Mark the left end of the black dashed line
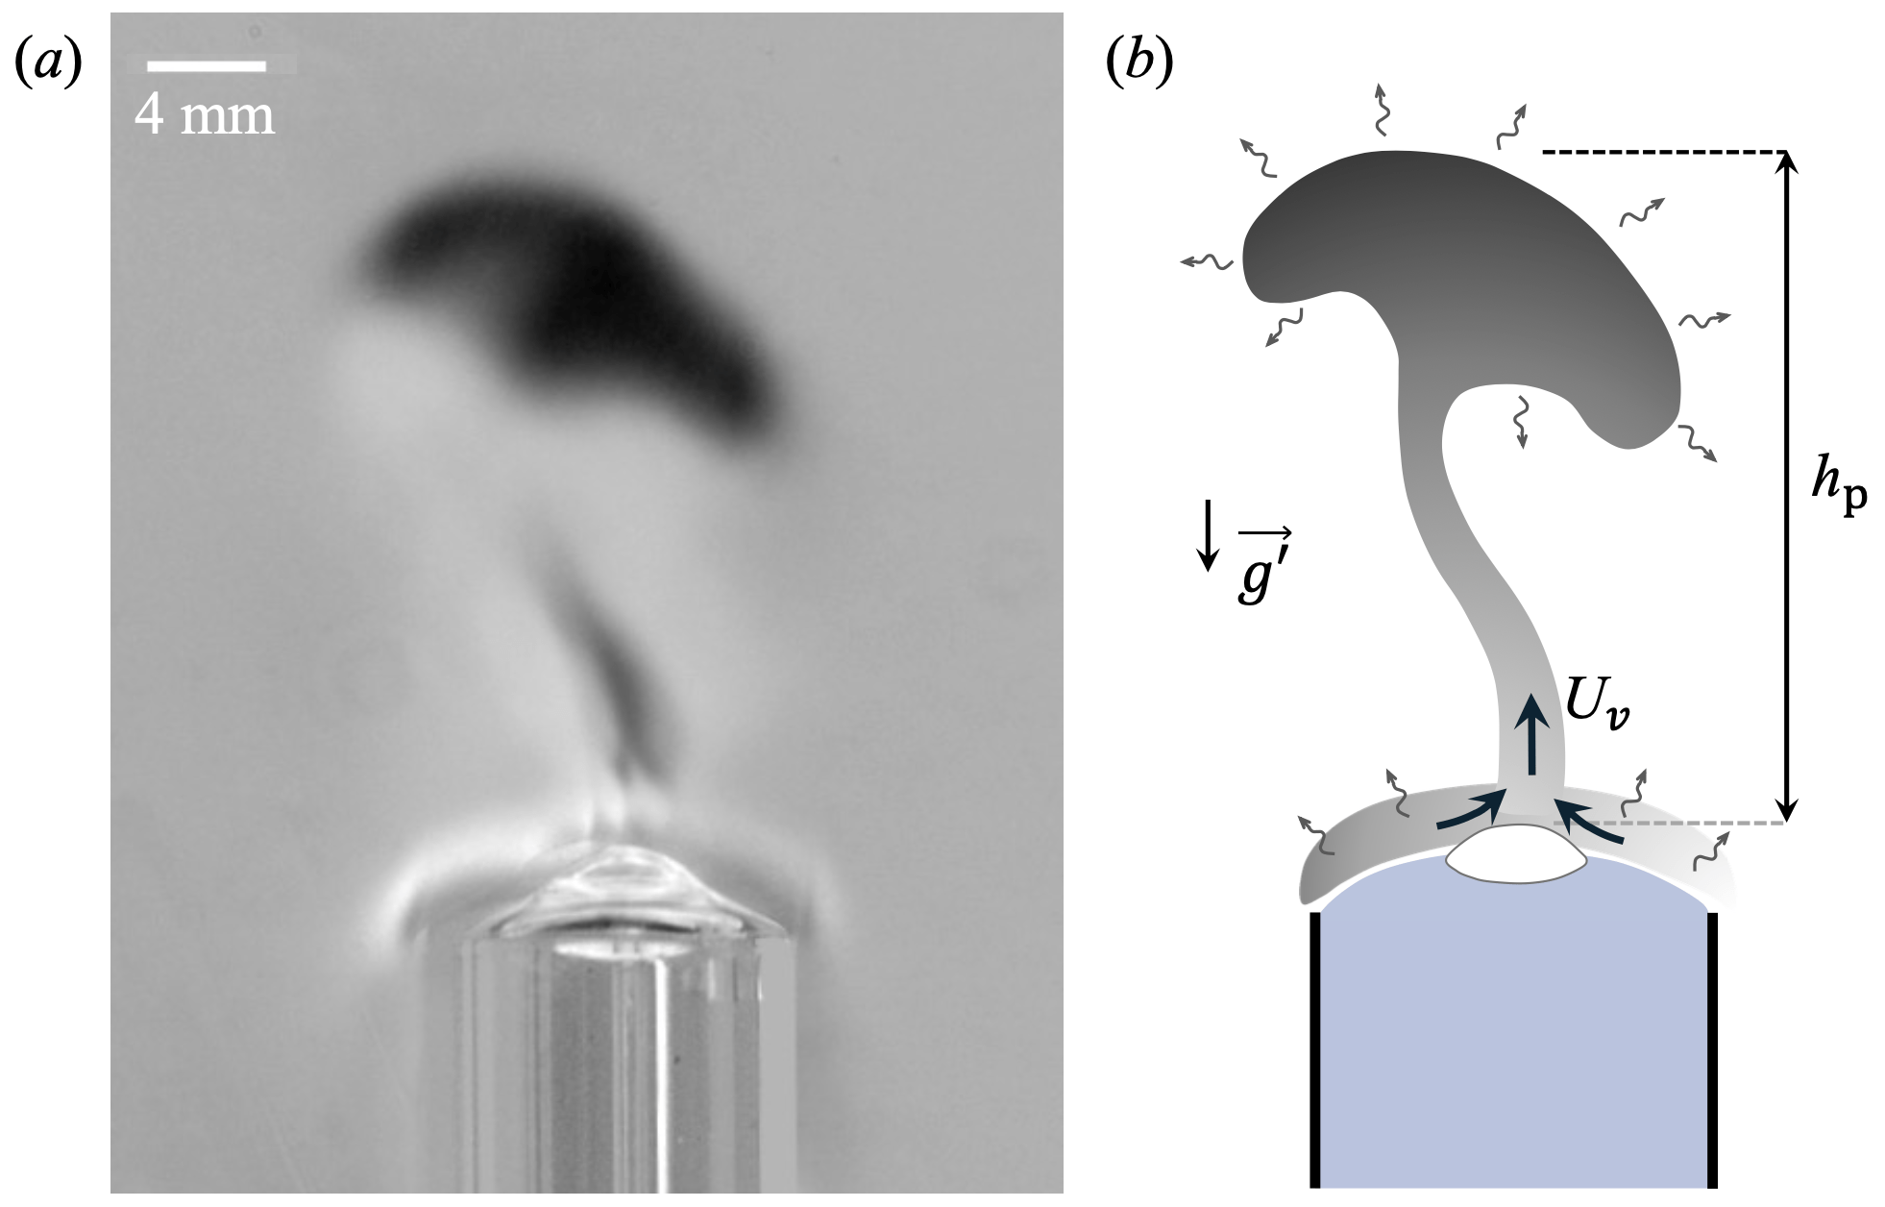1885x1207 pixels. tap(1542, 152)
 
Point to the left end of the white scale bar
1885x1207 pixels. tap(147, 66)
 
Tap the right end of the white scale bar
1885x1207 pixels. tap(266, 66)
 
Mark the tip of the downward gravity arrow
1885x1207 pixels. tap(1208, 570)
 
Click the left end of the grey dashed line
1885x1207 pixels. tap(1555, 824)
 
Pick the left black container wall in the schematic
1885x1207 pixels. tap(1315, 1050)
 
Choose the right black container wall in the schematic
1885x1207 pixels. tap(1711, 1050)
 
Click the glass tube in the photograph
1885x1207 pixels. tap(615, 1047)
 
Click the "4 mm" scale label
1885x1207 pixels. tap(204, 115)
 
